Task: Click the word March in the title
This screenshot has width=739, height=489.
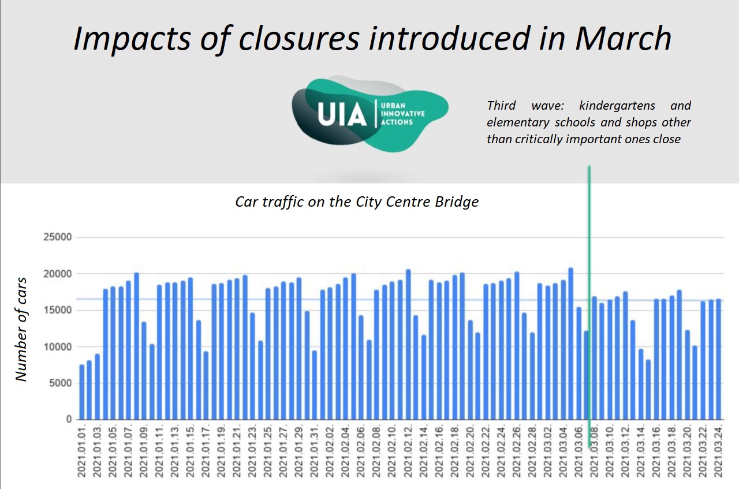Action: tap(624, 38)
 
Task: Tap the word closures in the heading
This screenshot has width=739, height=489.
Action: tap(283, 38)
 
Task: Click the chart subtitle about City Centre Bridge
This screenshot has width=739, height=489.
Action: tap(357, 202)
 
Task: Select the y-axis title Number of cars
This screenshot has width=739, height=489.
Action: tap(21, 329)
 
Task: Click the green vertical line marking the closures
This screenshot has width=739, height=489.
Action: tap(589, 289)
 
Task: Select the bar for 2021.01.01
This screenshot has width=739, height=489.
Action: tap(82, 392)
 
